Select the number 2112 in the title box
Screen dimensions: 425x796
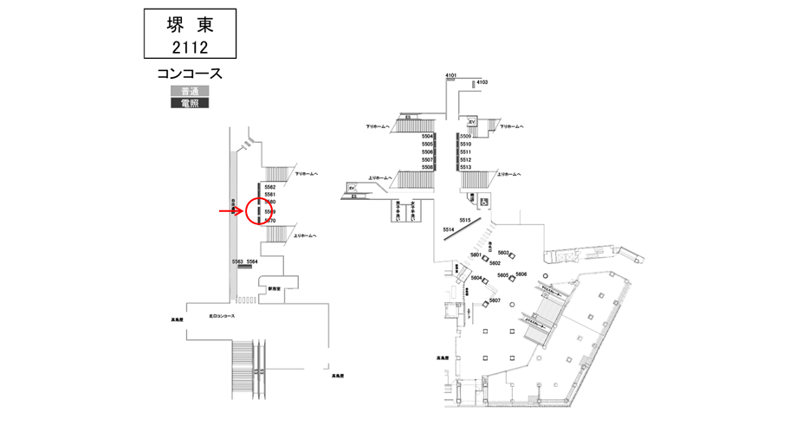coord(189,46)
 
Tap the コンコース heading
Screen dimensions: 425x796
coord(190,74)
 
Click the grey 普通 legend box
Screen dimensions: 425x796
coord(189,91)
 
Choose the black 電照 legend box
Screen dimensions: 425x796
coord(189,103)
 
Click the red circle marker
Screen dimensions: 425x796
coord(261,211)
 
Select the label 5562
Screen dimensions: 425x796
coord(270,187)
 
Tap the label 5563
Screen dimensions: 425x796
coord(237,261)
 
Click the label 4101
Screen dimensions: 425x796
coord(451,76)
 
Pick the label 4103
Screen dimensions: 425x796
coord(482,82)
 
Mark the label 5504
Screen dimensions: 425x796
coord(427,137)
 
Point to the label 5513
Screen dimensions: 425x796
coord(466,167)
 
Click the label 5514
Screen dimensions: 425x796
coord(448,229)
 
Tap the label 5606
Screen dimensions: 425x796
coord(521,274)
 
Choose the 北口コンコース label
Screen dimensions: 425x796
coord(222,315)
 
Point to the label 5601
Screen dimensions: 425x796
coord(476,254)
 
